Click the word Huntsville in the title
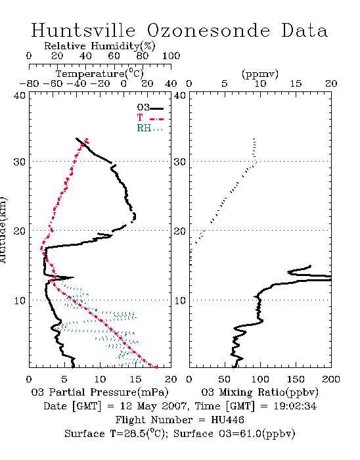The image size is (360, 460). tap(83, 30)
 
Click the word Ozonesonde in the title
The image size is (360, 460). tap(208, 30)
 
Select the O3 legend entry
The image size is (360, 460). tap(150, 108)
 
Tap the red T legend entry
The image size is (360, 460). tap(150, 118)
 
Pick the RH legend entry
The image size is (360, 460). tap(150, 128)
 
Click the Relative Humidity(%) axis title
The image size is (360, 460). tap(100, 46)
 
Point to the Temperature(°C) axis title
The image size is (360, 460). tap(100, 74)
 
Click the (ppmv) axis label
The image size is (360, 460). tap(260, 74)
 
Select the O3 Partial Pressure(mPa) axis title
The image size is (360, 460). tap(100, 392)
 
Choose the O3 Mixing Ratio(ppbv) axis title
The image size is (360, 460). tap(259, 392)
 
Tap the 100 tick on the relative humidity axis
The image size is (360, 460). tap(171, 56)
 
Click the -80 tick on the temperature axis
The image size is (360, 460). tap(30, 84)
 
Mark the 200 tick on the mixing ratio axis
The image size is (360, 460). tap(331, 379)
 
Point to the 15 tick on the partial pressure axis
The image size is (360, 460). tap(135, 379)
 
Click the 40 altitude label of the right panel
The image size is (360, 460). tap(180, 95)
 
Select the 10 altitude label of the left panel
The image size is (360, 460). tap(20, 300)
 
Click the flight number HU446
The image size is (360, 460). tap(227, 420)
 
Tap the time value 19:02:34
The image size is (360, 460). tap(295, 406)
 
